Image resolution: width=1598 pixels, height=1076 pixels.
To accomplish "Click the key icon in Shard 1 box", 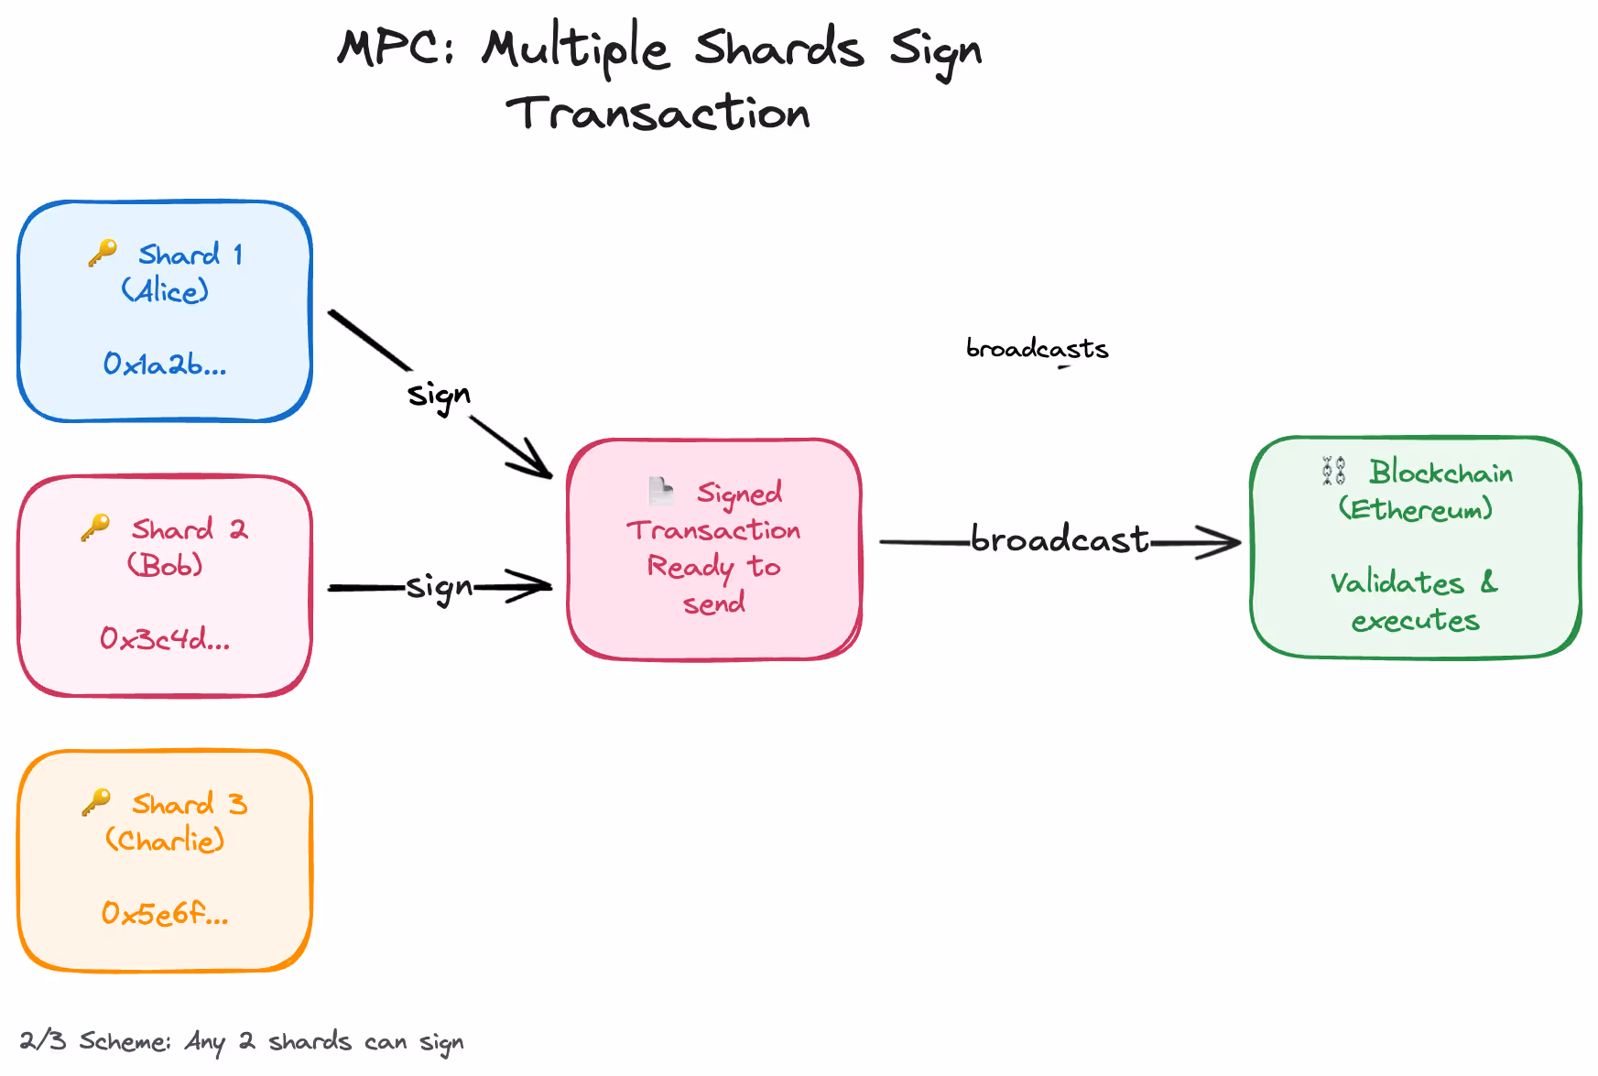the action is click(x=103, y=253).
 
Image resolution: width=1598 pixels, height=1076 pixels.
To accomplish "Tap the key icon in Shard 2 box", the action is click(x=95, y=527).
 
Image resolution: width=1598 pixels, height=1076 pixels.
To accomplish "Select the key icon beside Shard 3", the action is click(x=96, y=802).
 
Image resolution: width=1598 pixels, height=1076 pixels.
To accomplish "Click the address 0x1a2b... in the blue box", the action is click(x=165, y=364).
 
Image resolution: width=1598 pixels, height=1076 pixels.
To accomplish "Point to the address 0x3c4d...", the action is click(x=165, y=638).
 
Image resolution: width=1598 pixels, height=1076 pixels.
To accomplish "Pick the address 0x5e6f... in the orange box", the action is click(x=165, y=913).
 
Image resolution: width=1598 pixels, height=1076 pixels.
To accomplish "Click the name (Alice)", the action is click(x=165, y=290).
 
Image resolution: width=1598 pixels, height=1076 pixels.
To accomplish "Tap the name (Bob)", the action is click(x=165, y=564).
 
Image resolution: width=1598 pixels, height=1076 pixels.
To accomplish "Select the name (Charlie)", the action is click(x=165, y=839).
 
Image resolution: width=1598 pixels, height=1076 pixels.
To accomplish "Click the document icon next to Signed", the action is click(x=660, y=491).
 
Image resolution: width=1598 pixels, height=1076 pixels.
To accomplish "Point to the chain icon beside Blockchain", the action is click(x=1334, y=471).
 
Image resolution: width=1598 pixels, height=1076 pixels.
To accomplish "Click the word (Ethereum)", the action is click(x=1416, y=508).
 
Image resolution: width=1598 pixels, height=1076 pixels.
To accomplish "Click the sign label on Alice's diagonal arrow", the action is click(x=440, y=396).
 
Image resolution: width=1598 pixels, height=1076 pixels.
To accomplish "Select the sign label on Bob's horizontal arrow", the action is click(x=440, y=587).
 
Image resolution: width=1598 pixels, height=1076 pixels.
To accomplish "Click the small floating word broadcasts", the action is click(x=1038, y=348).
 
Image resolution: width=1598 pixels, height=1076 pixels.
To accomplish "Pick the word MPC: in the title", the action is click(x=396, y=48).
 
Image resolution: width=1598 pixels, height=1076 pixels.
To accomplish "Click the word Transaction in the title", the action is click(x=658, y=113).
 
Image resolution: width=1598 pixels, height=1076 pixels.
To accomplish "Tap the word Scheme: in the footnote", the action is click(x=125, y=1041).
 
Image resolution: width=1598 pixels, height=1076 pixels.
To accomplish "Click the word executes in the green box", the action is click(x=1416, y=621).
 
